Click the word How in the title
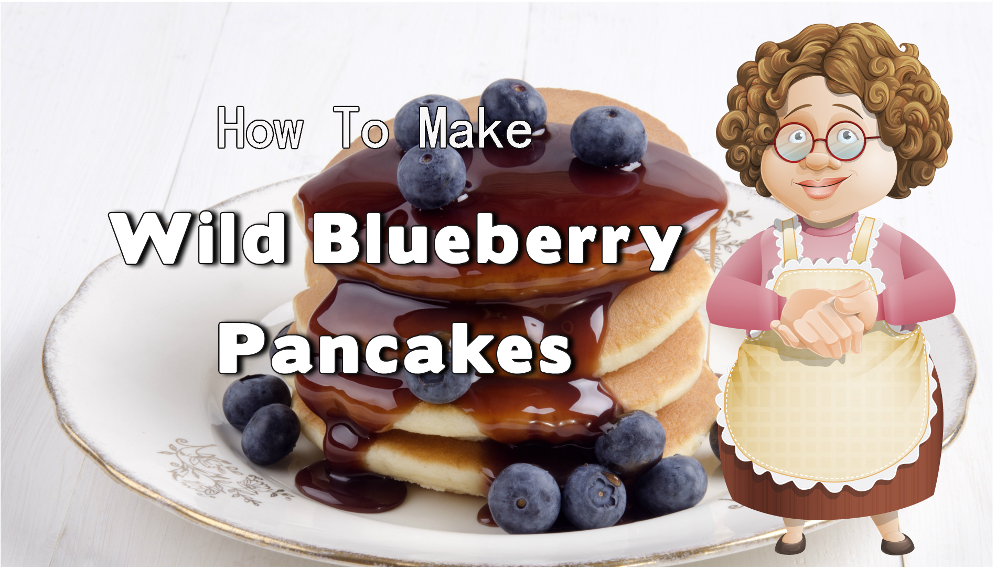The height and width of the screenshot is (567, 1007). (x=260, y=128)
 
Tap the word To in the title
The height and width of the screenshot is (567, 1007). (x=361, y=128)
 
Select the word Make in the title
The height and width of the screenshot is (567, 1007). (x=475, y=128)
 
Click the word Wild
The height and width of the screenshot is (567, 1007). (x=199, y=239)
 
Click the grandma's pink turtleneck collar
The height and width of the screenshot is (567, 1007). (x=831, y=225)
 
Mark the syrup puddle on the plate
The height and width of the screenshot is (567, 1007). (x=350, y=486)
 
